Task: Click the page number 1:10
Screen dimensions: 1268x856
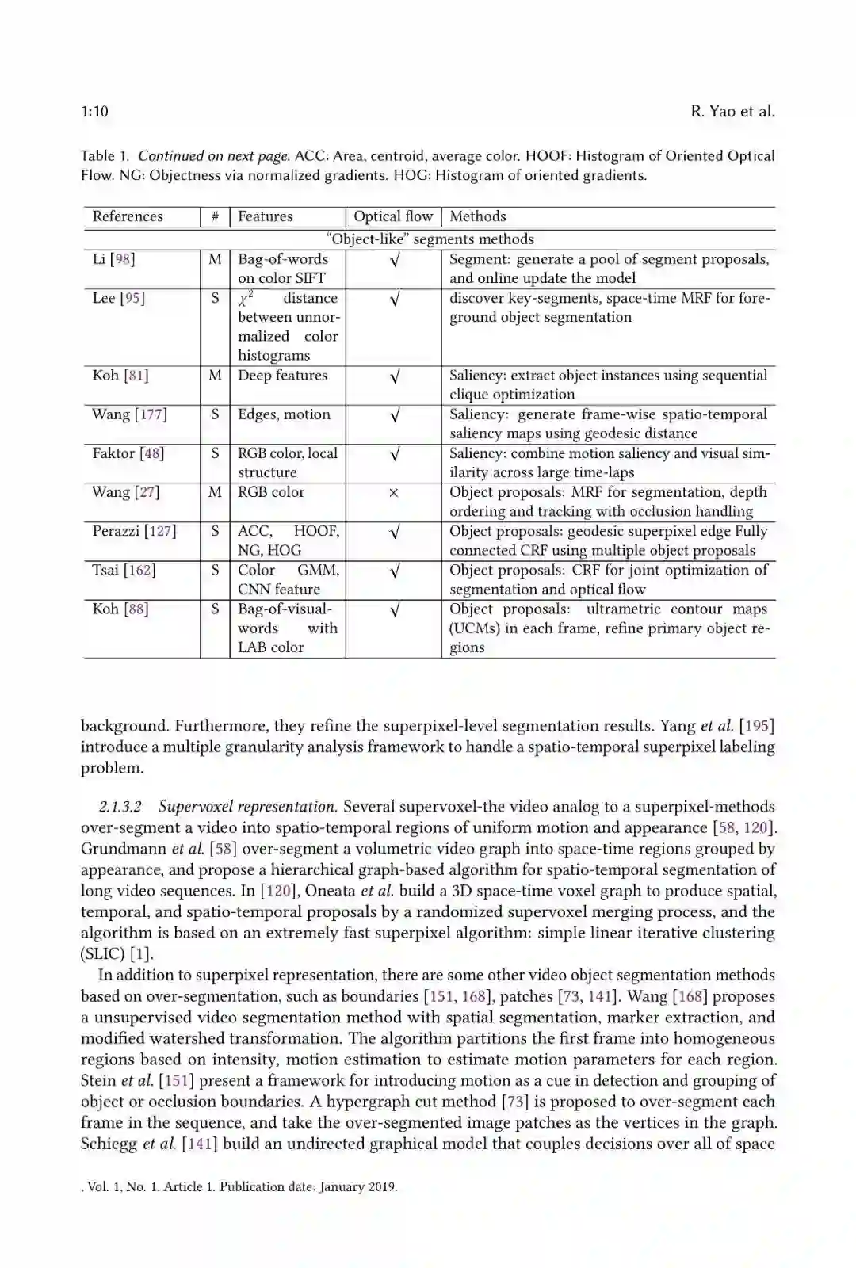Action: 94,112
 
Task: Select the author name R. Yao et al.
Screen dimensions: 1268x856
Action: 732,112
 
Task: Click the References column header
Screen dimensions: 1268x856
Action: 128,216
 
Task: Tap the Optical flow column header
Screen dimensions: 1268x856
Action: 393,216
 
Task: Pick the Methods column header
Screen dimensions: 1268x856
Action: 477,216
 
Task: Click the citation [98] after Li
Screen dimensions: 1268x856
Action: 123,259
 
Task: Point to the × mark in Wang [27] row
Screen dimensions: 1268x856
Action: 393,493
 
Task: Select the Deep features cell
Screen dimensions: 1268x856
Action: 282,376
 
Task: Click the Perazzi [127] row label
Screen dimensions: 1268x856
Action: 134,531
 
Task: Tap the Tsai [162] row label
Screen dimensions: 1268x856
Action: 124,570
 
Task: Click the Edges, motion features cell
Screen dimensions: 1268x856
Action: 284,414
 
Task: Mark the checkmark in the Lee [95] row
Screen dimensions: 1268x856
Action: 394,299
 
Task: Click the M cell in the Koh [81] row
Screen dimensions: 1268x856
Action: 215,376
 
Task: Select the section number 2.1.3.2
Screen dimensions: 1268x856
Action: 120,807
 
